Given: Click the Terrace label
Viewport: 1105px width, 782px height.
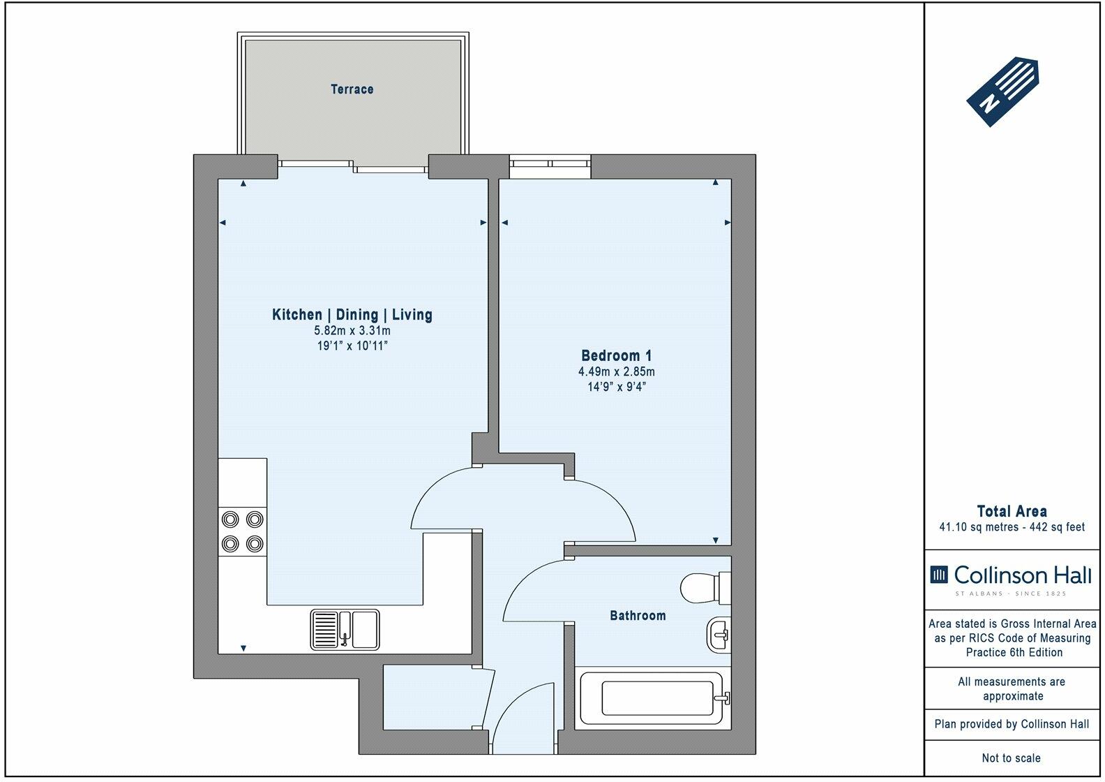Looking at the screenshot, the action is (352, 89).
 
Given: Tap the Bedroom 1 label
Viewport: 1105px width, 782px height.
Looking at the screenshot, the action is (616, 355).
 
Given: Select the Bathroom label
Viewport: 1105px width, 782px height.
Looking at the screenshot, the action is (638, 616).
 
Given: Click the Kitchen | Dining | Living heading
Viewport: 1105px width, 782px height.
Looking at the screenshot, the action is (352, 314).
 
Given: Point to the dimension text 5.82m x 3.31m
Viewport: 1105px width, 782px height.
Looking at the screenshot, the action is (352, 330).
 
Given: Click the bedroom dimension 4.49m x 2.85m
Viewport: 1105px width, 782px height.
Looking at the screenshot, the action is (617, 371).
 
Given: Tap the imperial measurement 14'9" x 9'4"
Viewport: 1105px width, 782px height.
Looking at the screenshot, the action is (617, 387).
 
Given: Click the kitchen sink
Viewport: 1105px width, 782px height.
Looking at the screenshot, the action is (345, 630).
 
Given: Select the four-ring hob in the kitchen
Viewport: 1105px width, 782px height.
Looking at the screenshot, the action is (243, 532).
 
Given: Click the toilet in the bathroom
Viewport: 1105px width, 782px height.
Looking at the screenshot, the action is (705, 588).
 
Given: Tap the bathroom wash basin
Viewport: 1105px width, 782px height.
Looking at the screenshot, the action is (719, 635).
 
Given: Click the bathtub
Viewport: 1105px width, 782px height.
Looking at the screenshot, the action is (653, 698).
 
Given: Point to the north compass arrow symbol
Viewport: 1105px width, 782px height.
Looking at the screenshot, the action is (1002, 91).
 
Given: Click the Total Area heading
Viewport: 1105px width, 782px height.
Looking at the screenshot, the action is (1012, 511).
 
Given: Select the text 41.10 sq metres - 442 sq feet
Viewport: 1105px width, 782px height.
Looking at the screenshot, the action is (1012, 526).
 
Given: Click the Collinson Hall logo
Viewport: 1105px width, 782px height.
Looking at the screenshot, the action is (1011, 579).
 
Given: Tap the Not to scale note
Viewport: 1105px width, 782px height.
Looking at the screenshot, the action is (1012, 758).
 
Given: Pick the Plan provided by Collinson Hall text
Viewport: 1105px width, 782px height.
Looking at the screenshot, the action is (1012, 724).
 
